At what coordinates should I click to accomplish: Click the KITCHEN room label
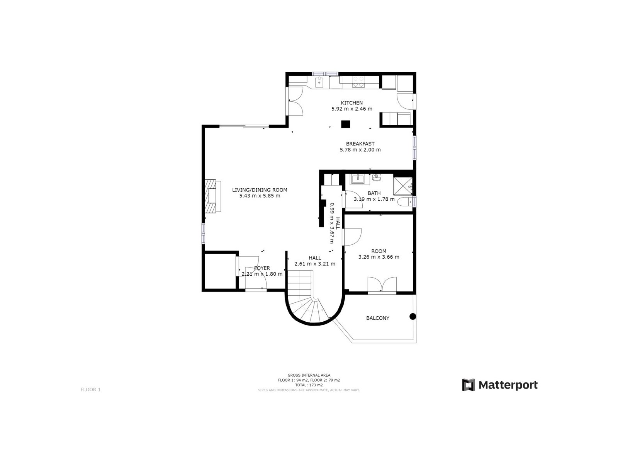click(x=351, y=103)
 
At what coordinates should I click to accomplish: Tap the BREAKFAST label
click(x=360, y=144)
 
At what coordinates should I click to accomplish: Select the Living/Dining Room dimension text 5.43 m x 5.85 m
click(x=260, y=196)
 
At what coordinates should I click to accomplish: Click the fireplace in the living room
click(x=212, y=196)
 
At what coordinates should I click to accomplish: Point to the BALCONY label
click(x=377, y=318)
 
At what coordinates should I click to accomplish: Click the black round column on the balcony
click(x=413, y=316)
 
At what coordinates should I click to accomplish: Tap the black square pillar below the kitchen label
click(x=345, y=124)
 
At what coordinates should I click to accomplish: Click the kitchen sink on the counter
click(x=319, y=82)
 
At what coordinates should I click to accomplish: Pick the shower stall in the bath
click(x=402, y=186)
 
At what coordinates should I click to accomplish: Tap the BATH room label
click(x=374, y=193)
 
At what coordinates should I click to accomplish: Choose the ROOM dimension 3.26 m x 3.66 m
click(x=379, y=257)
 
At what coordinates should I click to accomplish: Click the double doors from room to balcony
click(x=382, y=285)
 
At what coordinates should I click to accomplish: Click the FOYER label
click(x=262, y=268)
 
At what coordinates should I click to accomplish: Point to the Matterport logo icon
click(x=469, y=385)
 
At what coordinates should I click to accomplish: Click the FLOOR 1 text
click(x=90, y=390)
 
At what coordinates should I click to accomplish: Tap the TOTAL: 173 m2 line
click(x=309, y=385)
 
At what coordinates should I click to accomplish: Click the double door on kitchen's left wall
click(x=294, y=101)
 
